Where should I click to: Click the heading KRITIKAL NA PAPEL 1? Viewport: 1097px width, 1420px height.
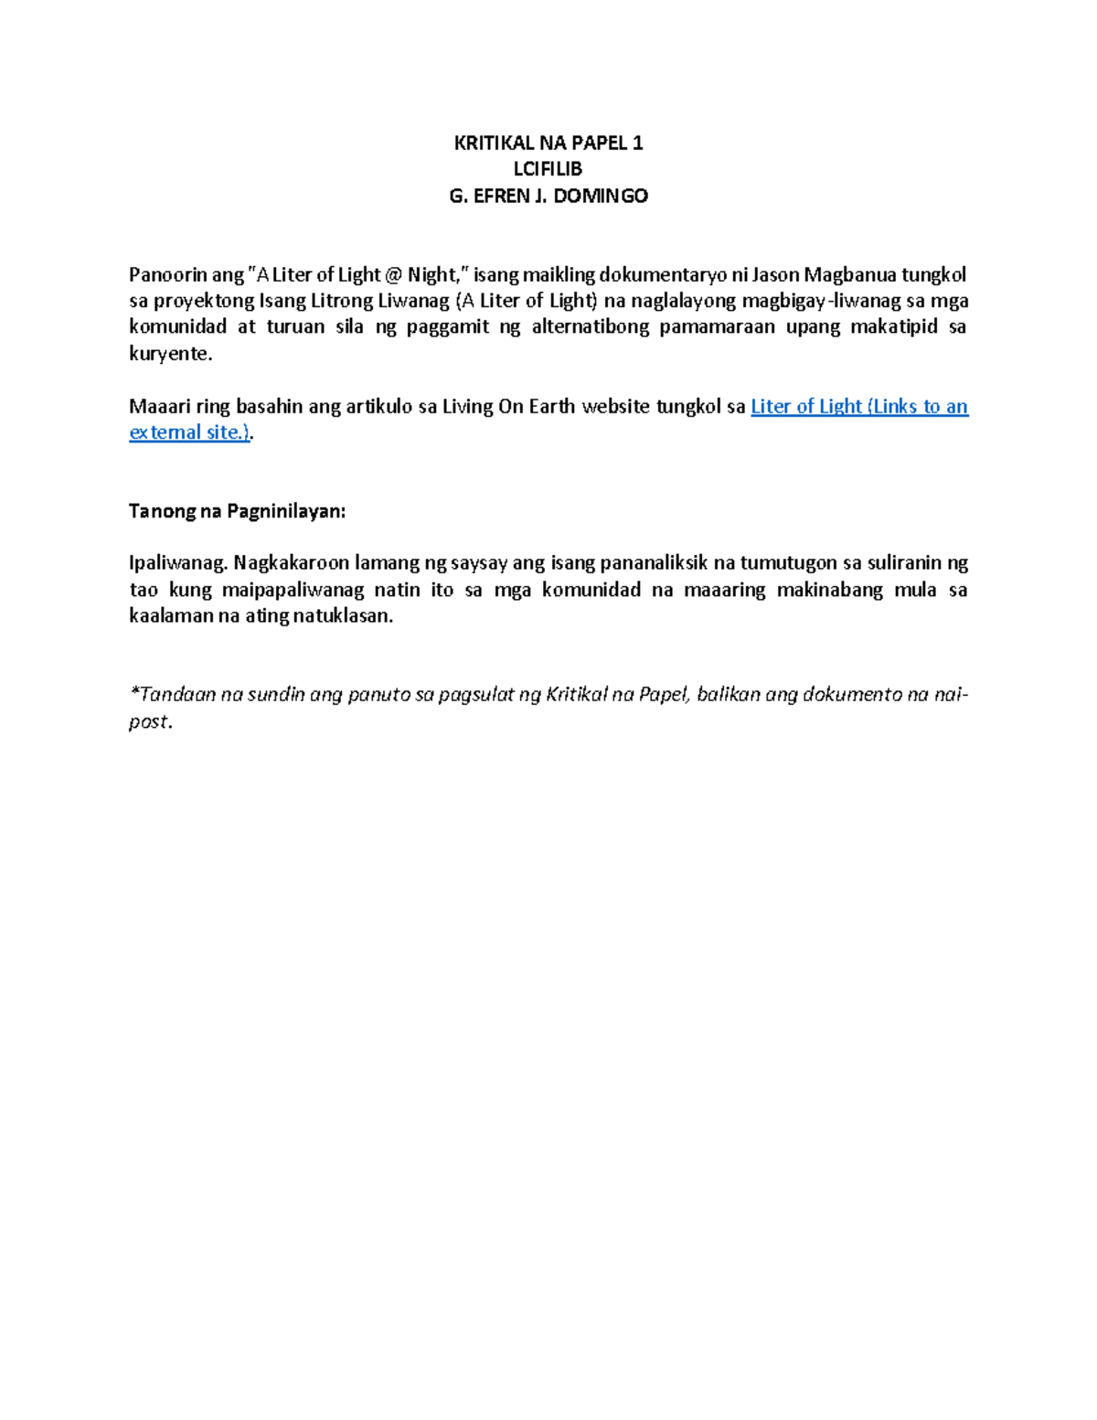tap(548, 143)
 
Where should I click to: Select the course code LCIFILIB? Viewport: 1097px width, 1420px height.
tap(548, 169)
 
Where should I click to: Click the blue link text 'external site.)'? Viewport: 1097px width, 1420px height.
tap(189, 432)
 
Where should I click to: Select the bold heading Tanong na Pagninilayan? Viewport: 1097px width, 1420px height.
tap(238, 511)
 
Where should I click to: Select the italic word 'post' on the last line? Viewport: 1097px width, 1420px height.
tap(148, 722)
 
